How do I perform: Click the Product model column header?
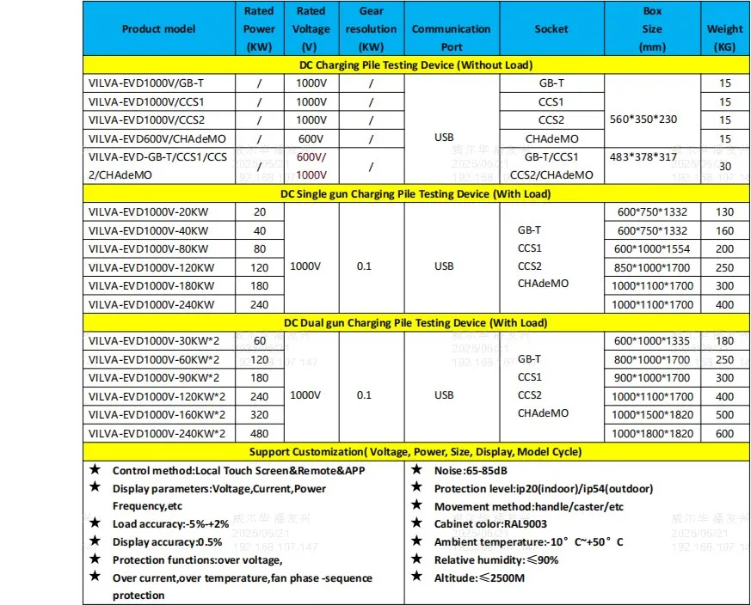(x=158, y=28)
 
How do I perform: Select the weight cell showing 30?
(x=725, y=166)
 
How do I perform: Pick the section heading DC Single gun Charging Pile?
(x=416, y=193)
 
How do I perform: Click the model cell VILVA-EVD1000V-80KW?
(x=148, y=248)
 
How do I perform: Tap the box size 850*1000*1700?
(x=653, y=267)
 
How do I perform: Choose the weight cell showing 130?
(x=725, y=212)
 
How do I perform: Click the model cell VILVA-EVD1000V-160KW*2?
(x=157, y=415)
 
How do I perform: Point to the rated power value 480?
(x=259, y=434)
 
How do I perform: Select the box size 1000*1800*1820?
(x=653, y=434)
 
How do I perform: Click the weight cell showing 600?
(x=725, y=434)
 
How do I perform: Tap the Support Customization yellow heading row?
(x=416, y=451)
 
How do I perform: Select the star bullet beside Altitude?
(x=416, y=577)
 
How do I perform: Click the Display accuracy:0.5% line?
(x=167, y=541)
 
